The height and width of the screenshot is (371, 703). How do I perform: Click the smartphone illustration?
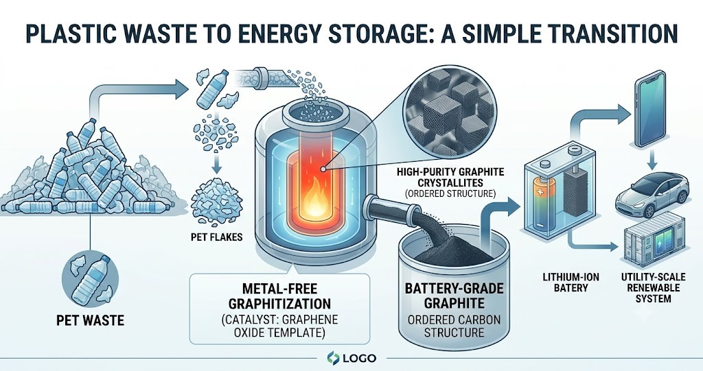(x=649, y=108)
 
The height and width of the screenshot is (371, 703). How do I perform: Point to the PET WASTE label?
(x=90, y=320)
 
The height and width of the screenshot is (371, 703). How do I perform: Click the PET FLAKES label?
(x=216, y=237)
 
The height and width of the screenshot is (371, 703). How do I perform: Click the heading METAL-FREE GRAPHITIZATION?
(x=280, y=296)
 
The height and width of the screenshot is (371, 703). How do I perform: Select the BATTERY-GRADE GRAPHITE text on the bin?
(x=454, y=296)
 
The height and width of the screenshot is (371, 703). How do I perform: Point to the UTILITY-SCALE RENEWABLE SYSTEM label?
(x=654, y=287)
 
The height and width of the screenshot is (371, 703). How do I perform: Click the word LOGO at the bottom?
(x=359, y=358)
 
